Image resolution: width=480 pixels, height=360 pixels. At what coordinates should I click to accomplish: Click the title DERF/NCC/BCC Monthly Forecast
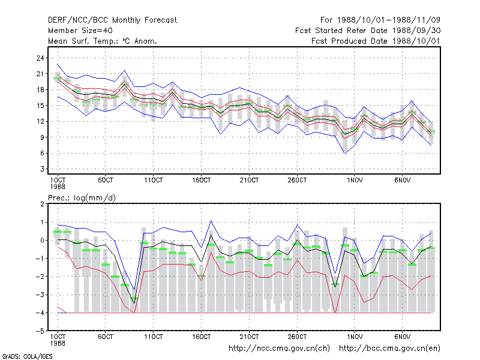click(112, 20)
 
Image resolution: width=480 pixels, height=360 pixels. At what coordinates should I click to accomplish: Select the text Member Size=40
click(80, 31)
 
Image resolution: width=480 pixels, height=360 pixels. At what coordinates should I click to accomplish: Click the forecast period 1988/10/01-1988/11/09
click(380, 20)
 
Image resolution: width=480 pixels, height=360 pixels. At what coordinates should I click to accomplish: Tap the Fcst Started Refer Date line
click(368, 31)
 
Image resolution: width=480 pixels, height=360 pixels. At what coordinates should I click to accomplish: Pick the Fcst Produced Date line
click(376, 41)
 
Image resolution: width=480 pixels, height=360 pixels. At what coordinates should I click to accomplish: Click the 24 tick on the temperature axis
click(40, 58)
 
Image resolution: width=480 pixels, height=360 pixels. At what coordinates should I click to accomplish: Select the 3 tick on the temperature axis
click(42, 169)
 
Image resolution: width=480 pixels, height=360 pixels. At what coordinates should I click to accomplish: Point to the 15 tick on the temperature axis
click(40, 106)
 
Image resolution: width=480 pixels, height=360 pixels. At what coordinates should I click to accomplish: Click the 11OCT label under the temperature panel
click(154, 181)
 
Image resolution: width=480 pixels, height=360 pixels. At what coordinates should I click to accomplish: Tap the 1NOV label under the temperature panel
click(355, 181)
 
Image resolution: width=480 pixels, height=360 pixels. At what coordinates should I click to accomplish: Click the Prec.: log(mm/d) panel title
click(82, 198)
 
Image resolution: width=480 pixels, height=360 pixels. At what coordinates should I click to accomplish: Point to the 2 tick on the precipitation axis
click(42, 204)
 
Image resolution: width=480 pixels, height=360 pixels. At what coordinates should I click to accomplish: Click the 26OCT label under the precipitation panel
click(297, 337)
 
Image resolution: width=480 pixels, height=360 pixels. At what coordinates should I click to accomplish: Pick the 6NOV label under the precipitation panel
click(402, 337)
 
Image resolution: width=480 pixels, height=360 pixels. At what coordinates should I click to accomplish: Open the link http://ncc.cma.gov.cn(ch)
click(279, 349)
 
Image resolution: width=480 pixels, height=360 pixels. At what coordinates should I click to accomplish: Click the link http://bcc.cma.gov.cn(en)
click(389, 349)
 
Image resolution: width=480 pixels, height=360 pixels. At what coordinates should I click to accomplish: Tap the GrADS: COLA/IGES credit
click(27, 356)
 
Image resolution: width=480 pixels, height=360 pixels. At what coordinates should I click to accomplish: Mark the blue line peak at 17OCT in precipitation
click(211, 221)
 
